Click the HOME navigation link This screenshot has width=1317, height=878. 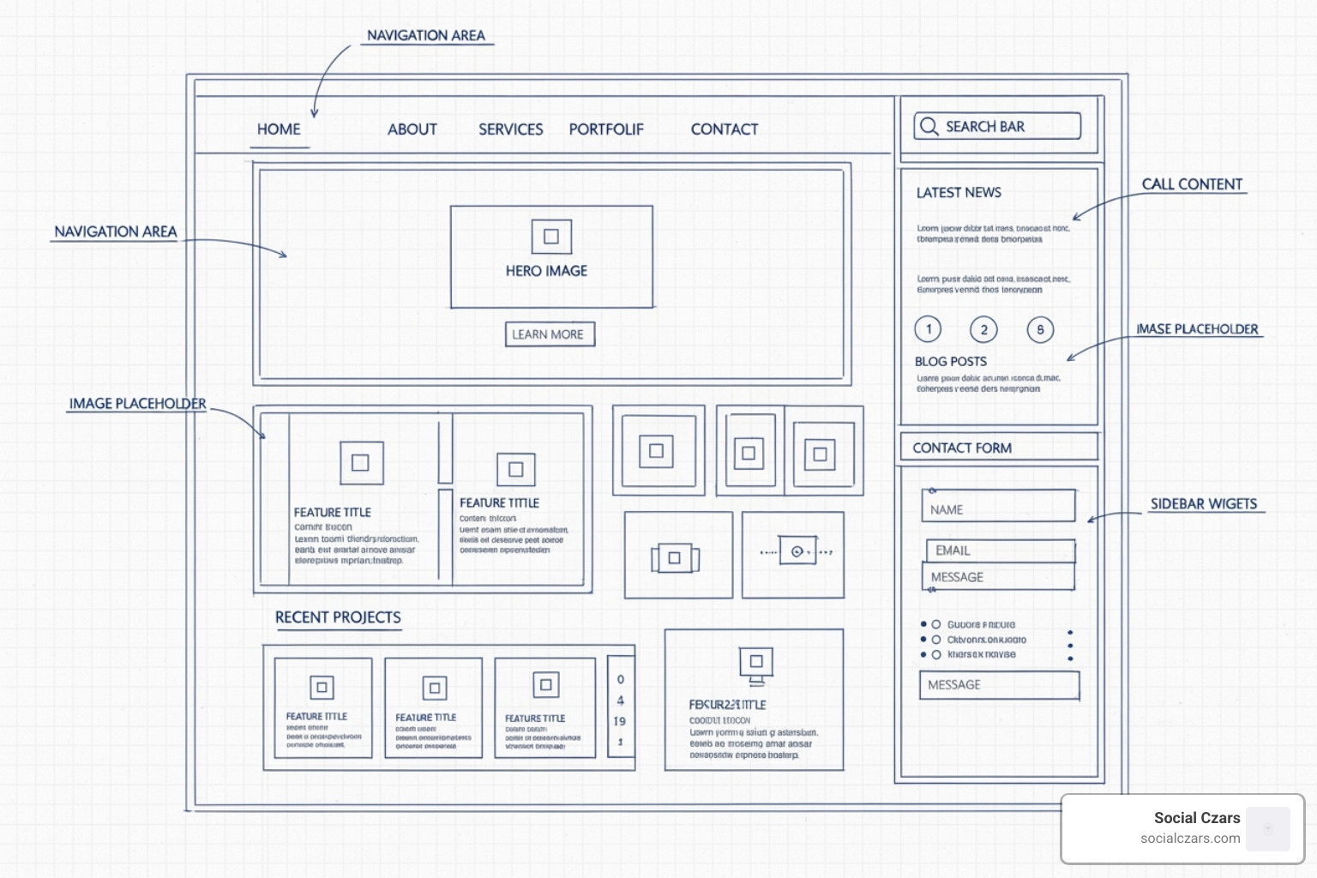tap(279, 129)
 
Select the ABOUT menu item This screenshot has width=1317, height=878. tap(412, 129)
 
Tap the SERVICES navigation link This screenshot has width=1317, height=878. tap(510, 129)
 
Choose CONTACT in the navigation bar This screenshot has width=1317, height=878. tap(725, 129)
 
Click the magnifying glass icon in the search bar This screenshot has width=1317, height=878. tap(929, 127)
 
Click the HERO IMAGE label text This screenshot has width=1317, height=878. tap(546, 271)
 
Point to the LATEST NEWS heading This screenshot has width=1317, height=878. tap(959, 193)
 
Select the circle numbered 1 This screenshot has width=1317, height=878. tap(929, 329)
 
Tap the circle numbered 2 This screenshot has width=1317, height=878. tap(983, 329)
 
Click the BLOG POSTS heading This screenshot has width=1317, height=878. tap(950, 362)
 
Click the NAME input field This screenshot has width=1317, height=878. tap(999, 508)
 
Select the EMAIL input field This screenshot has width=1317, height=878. tap(1000, 550)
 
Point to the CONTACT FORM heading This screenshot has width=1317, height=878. tap(962, 448)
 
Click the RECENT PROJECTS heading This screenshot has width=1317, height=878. tap(338, 617)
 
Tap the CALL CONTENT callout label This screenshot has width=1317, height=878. tap(1192, 184)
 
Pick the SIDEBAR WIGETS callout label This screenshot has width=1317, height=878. tap(1204, 504)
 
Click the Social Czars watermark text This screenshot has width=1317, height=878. tap(1196, 818)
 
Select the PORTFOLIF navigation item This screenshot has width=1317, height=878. tap(606, 129)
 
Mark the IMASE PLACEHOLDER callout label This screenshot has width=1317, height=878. tap(1197, 329)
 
